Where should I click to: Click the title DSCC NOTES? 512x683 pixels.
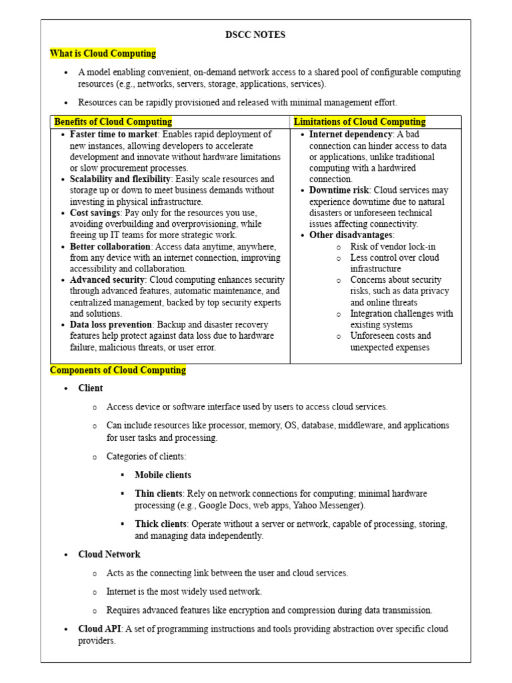coord(255,35)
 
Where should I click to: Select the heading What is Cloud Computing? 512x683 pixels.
coord(103,53)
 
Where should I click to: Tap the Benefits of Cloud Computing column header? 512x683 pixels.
coord(113,122)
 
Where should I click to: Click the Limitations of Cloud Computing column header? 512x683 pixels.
coord(359,122)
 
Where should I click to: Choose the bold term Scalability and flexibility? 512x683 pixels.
coord(120,179)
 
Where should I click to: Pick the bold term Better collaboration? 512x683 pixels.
coord(109,246)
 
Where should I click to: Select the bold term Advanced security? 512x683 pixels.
coord(107,280)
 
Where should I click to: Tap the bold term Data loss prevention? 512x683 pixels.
coord(109,325)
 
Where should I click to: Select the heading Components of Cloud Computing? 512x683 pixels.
coord(118,370)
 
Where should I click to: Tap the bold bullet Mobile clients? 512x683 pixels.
coord(163,475)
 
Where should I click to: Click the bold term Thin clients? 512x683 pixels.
coord(158,494)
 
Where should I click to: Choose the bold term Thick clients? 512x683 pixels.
coord(160,524)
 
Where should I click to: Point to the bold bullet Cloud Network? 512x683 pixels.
coord(109,554)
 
